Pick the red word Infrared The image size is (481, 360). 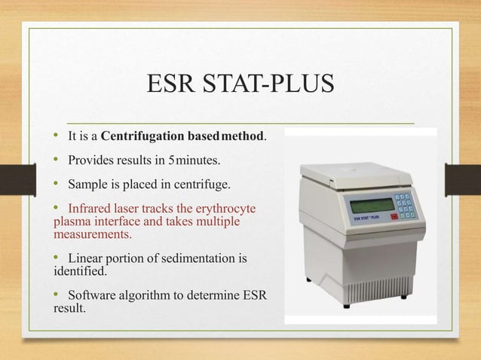(91, 208)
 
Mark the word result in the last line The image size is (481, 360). (69, 307)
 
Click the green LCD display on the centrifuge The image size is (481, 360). (371, 204)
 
